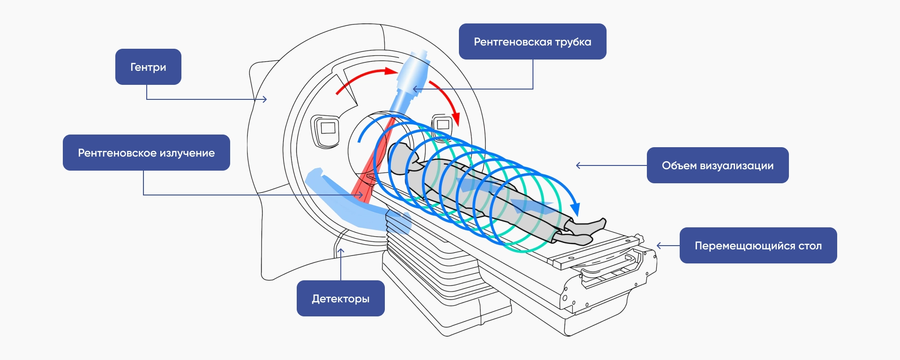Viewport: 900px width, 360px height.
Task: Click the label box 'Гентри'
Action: point(148,67)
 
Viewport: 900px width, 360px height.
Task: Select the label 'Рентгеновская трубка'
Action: point(532,41)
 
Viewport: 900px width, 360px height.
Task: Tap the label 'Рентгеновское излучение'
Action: point(146,152)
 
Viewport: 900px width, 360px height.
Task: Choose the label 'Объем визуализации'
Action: point(717,165)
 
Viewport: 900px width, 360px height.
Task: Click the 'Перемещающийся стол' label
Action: point(758,245)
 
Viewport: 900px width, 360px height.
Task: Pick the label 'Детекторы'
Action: point(340,298)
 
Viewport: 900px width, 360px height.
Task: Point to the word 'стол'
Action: point(810,246)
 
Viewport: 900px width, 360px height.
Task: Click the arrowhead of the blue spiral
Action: point(575,209)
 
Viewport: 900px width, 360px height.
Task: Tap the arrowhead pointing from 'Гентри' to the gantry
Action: point(265,99)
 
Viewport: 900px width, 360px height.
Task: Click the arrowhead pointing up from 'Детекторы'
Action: point(341,251)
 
